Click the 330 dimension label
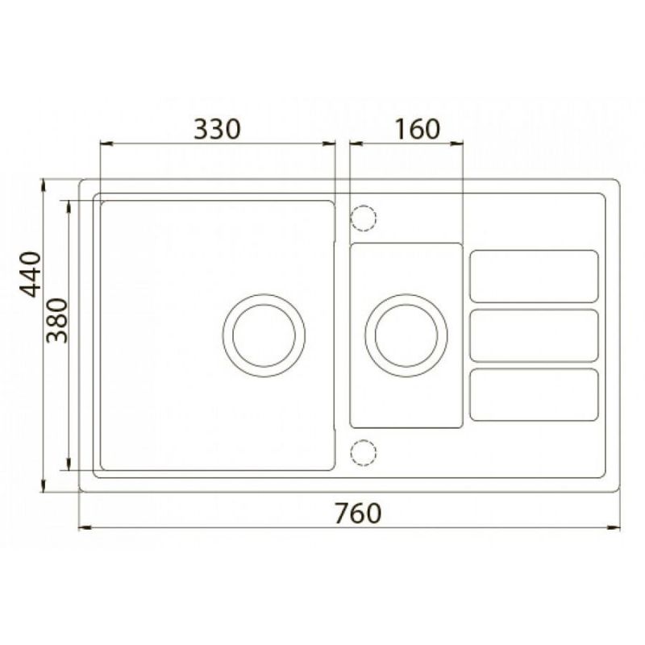[216, 129]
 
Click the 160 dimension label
[418, 129]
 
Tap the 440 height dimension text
[31, 274]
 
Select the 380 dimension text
[56, 320]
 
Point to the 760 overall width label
[358, 514]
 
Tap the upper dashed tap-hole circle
[364, 218]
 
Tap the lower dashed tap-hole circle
[364, 453]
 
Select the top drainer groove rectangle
[534, 277]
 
